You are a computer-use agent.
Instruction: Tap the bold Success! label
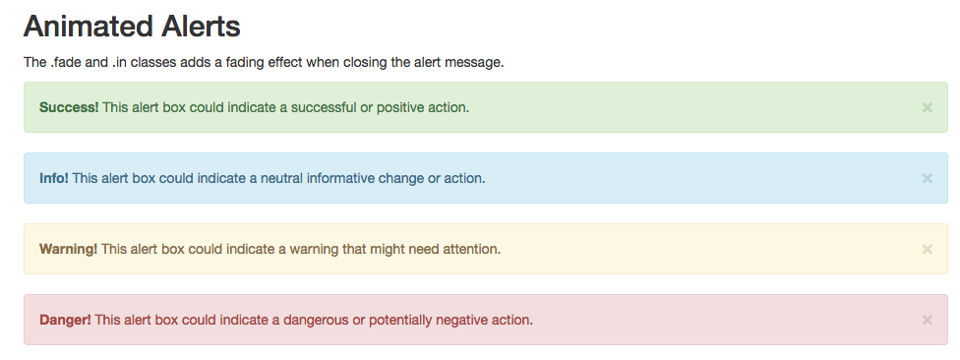pyautogui.click(x=69, y=108)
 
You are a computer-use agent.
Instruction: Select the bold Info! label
pyautogui.click(x=54, y=179)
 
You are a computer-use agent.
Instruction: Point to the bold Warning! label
pyautogui.click(x=68, y=250)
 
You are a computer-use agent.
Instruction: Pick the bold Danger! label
pyautogui.click(x=65, y=321)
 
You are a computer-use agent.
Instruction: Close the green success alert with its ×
pyautogui.click(x=927, y=108)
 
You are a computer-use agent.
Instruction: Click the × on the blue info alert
pyautogui.click(x=927, y=179)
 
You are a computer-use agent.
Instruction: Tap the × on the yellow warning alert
pyautogui.click(x=927, y=249)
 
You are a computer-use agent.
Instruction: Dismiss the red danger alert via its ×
pyautogui.click(x=927, y=321)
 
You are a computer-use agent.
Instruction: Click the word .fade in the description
pyautogui.click(x=66, y=62)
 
